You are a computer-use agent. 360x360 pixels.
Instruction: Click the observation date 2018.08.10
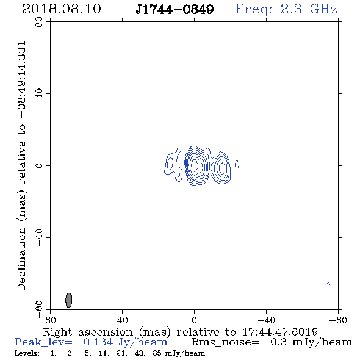(62, 9)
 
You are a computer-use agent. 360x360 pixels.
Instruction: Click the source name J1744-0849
(175, 9)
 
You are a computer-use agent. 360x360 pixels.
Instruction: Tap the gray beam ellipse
(69, 300)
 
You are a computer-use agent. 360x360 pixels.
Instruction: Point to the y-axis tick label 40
(39, 93)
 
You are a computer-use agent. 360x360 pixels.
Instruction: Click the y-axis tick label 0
(39, 165)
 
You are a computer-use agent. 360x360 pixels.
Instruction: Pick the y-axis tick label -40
(39, 237)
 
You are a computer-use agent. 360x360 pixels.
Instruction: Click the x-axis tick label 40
(122, 320)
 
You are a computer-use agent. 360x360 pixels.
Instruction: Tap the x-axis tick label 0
(194, 320)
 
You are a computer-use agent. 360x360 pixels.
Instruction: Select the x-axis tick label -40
(266, 320)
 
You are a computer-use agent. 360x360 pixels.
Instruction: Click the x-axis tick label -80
(338, 320)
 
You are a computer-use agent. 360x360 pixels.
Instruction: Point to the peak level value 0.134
(98, 342)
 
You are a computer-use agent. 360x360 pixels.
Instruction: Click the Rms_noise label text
(225, 342)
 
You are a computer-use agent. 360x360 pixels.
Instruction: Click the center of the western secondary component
(222, 168)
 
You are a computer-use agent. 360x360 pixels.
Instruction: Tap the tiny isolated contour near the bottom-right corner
(328, 284)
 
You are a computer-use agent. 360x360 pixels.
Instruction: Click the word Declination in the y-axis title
(21, 259)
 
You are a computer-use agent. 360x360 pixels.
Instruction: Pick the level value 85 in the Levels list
(157, 353)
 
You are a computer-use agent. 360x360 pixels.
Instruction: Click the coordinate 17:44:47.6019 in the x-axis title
(280, 332)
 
